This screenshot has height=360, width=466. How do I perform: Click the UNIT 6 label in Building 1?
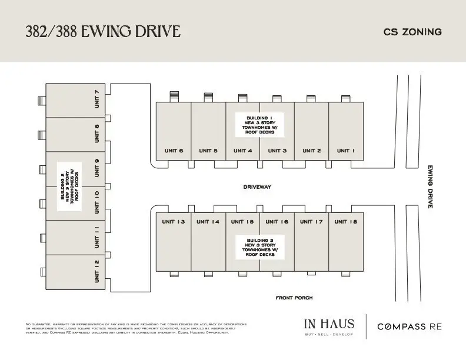tap(174, 151)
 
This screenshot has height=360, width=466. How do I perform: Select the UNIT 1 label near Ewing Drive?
tap(346, 151)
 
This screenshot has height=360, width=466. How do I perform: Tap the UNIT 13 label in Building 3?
tap(174, 222)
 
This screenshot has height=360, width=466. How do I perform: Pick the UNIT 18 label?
tap(346, 222)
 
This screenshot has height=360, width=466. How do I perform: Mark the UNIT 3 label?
tap(277, 151)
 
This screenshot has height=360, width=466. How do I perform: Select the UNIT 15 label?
tap(242, 222)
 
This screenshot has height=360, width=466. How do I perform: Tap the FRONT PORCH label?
tap(294, 298)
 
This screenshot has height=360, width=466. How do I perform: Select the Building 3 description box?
tap(259, 247)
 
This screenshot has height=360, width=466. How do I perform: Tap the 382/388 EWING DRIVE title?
tap(102, 31)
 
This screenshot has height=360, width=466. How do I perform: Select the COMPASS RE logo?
tap(409, 326)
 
